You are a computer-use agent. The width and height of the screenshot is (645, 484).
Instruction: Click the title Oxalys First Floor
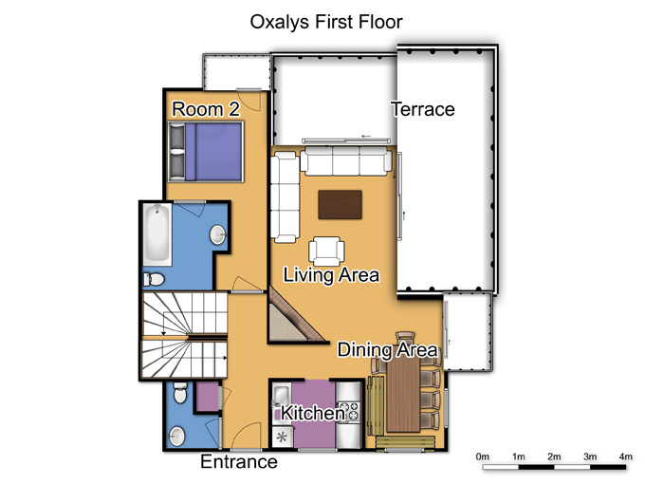point(326,22)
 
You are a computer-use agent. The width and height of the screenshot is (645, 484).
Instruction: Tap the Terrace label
point(423,109)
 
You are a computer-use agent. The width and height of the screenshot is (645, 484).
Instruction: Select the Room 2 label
point(206,109)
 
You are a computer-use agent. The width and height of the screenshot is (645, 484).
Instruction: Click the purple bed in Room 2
point(206,152)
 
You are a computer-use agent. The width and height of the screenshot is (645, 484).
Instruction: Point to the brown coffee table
point(340,205)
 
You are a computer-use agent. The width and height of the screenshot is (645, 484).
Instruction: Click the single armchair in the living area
point(326,251)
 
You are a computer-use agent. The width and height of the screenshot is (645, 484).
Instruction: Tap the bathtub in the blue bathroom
point(157,234)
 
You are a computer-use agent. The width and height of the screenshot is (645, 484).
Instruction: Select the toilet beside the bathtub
point(154,279)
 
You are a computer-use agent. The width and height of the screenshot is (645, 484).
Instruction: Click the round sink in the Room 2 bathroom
point(217,235)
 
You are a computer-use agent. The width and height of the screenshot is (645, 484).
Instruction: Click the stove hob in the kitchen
point(348,413)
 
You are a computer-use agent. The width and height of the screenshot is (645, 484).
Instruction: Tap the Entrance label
point(239,462)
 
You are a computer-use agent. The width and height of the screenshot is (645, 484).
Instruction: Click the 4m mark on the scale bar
point(626,456)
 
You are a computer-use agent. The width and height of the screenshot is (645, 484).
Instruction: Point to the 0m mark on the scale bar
point(483,456)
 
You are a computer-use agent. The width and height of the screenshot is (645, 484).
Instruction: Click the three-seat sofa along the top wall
point(346,161)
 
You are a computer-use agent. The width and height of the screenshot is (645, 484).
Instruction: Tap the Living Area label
point(331,275)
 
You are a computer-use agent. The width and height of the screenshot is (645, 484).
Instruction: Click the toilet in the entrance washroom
point(180,393)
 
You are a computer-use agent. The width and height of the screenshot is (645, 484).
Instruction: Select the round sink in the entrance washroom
point(176,437)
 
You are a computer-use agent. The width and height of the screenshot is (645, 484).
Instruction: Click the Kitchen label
point(313,413)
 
